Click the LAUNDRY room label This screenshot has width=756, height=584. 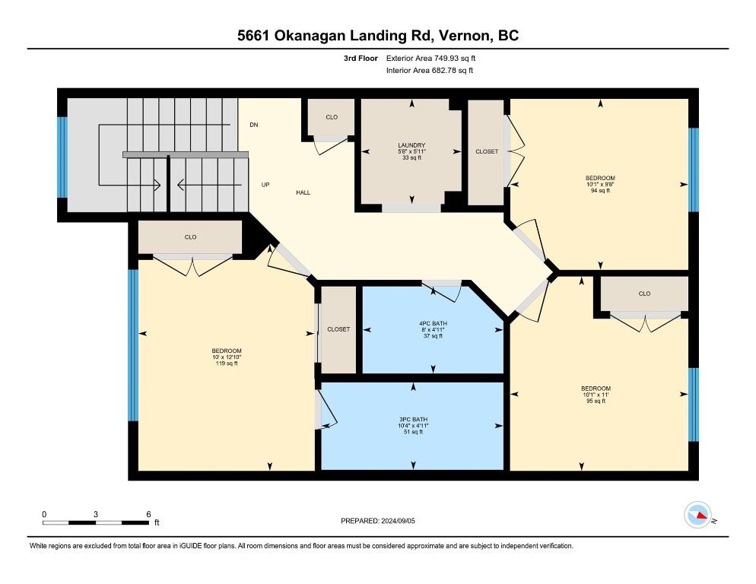[411, 145]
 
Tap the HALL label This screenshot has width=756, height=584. [303, 192]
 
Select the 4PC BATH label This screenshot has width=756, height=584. [433, 324]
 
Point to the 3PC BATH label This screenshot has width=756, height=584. [413, 420]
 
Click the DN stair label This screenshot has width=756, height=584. [254, 125]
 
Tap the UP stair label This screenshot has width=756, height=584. [265, 185]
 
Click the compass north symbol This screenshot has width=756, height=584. [698, 515]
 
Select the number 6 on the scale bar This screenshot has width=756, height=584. [148, 514]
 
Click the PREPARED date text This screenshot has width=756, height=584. [377, 521]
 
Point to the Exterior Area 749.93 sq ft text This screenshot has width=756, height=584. [430, 59]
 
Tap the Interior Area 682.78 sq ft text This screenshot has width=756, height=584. [430, 71]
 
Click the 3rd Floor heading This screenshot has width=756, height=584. [361, 59]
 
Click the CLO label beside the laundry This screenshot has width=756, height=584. [332, 117]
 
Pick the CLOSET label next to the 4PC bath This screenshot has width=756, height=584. [338, 329]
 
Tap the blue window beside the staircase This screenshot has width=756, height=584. [62, 157]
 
